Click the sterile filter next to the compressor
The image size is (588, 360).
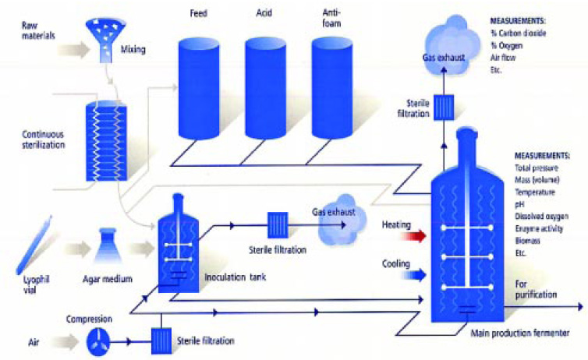coord(163,340)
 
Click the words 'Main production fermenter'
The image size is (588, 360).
coord(518,334)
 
